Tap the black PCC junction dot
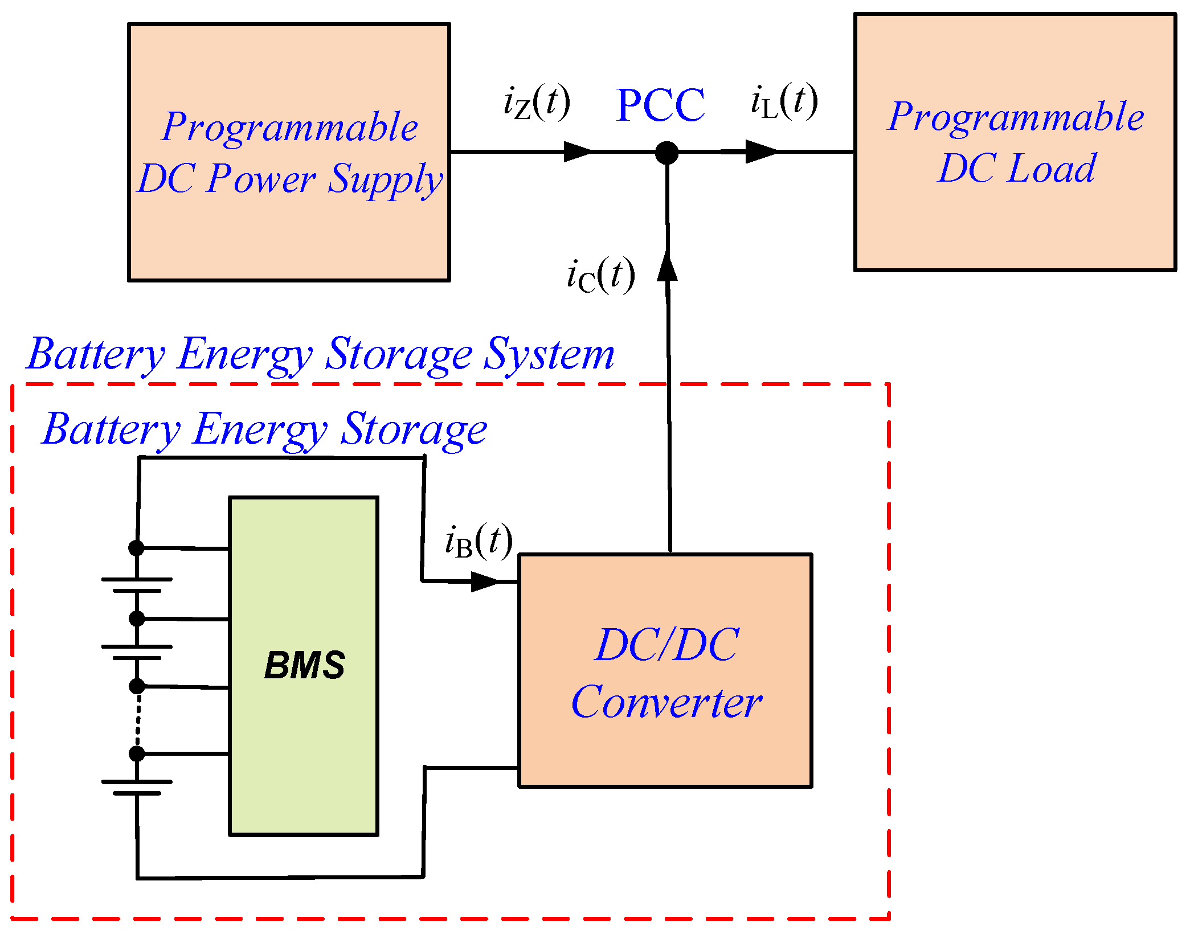click(666, 153)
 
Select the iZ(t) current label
click(536, 103)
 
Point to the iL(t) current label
click(784, 101)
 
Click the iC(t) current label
click(600, 275)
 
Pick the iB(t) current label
click(479, 542)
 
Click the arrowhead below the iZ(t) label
click(578, 151)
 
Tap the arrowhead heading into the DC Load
click(760, 151)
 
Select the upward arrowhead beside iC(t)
click(667, 266)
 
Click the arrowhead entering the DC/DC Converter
click(485, 581)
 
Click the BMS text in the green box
click(304, 665)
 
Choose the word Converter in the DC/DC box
click(666, 702)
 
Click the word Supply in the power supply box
click(385, 179)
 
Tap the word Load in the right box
click(1050, 169)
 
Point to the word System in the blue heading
click(549, 354)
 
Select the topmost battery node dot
click(136, 548)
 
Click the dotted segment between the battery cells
click(138, 720)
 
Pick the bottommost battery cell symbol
click(137, 787)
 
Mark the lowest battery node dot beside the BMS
click(137, 753)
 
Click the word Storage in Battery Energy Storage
click(413, 429)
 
